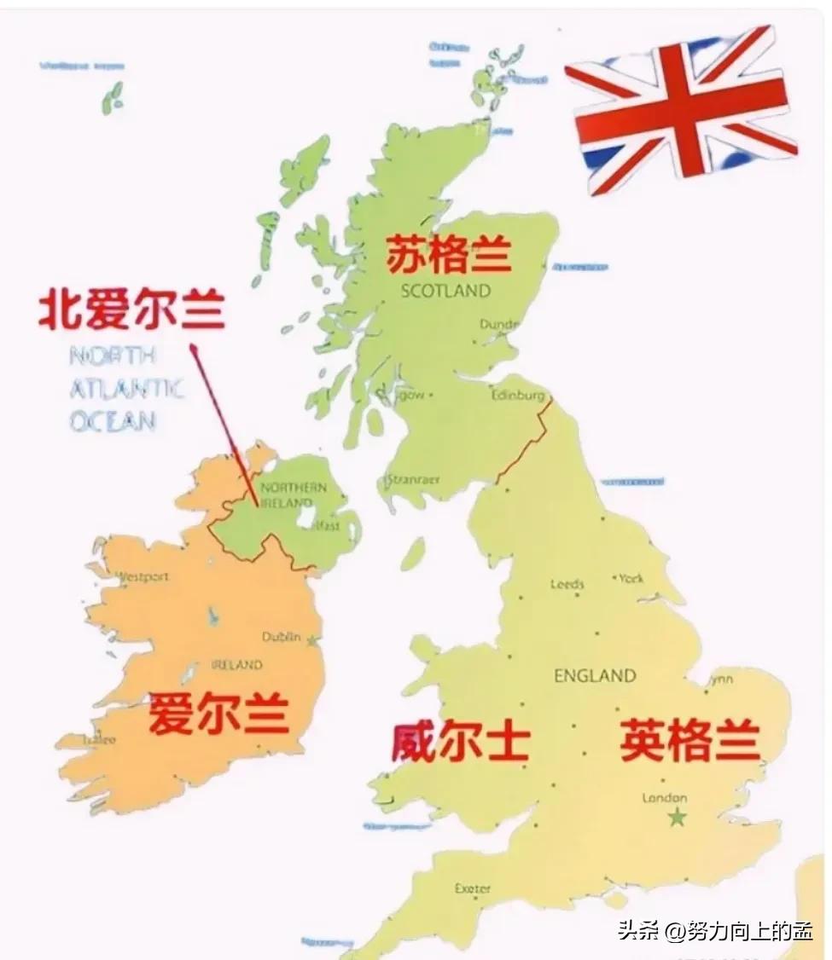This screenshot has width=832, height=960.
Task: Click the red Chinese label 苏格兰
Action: (x=449, y=254)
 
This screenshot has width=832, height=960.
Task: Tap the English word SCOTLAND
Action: (x=446, y=291)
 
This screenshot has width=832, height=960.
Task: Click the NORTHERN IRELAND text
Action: (x=293, y=495)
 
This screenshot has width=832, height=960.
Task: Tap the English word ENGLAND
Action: (x=595, y=676)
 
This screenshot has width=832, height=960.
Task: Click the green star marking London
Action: (x=677, y=818)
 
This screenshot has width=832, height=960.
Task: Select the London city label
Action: (x=664, y=798)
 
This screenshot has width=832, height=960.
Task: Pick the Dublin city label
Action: (x=281, y=637)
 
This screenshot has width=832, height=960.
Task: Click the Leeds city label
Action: (x=567, y=585)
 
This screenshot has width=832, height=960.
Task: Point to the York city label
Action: (x=631, y=578)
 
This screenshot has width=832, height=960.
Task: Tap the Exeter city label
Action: (x=472, y=888)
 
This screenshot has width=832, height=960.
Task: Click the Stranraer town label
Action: (x=413, y=480)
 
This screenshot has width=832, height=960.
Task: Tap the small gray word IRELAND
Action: (x=236, y=665)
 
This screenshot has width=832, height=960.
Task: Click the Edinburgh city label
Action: (x=518, y=396)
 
